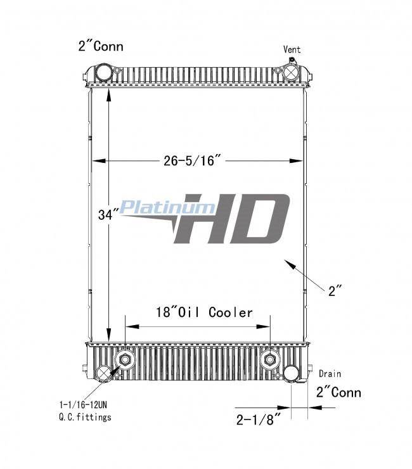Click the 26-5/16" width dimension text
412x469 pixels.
pos(193,160)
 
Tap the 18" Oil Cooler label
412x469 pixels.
pos(204,312)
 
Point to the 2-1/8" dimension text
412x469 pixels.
pos(259,420)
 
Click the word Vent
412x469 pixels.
pos(292,49)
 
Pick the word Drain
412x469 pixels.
pos(330,373)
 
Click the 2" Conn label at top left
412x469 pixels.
pos(101,46)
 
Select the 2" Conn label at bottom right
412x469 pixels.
pos(338,392)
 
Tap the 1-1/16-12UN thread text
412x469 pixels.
pos(83,405)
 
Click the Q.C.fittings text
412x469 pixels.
pos(86,417)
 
